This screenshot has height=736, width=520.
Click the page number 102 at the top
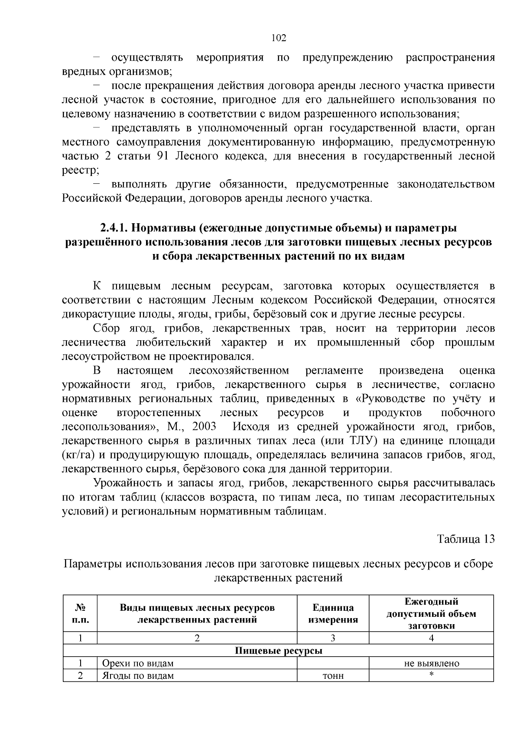[x=278, y=38]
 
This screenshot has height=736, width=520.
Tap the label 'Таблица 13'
[x=465, y=539]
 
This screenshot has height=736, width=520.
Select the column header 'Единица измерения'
[x=333, y=613]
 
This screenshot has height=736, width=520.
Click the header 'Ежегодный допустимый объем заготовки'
[x=431, y=613]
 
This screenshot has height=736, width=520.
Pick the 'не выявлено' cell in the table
[x=431, y=663]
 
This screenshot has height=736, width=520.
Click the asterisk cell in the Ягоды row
[x=431, y=675]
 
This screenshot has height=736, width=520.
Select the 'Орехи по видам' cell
[x=138, y=663]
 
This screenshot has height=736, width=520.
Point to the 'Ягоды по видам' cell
[x=138, y=676]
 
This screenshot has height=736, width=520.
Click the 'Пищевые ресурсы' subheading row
[x=278, y=651]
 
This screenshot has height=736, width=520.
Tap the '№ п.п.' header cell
[x=80, y=613]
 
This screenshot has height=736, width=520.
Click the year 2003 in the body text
[x=204, y=427]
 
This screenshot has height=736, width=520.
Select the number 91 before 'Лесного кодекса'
[x=161, y=156]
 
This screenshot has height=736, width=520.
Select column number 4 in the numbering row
[x=431, y=638]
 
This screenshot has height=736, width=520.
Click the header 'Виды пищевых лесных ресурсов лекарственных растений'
[x=197, y=613]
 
